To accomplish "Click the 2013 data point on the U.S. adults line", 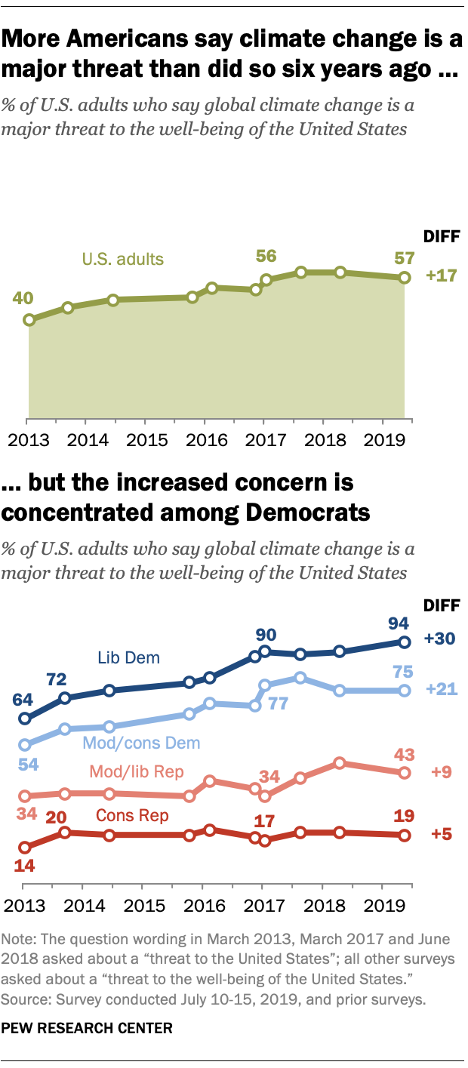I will (29, 320).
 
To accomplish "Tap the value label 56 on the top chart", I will (266, 257).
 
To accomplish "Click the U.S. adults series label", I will (123, 260).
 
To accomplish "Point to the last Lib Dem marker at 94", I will (405, 642).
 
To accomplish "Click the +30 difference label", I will (440, 639).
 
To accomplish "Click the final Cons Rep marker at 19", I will (405, 835).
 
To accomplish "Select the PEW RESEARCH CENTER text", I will (88, 1027).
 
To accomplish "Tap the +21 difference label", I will (440, 690).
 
